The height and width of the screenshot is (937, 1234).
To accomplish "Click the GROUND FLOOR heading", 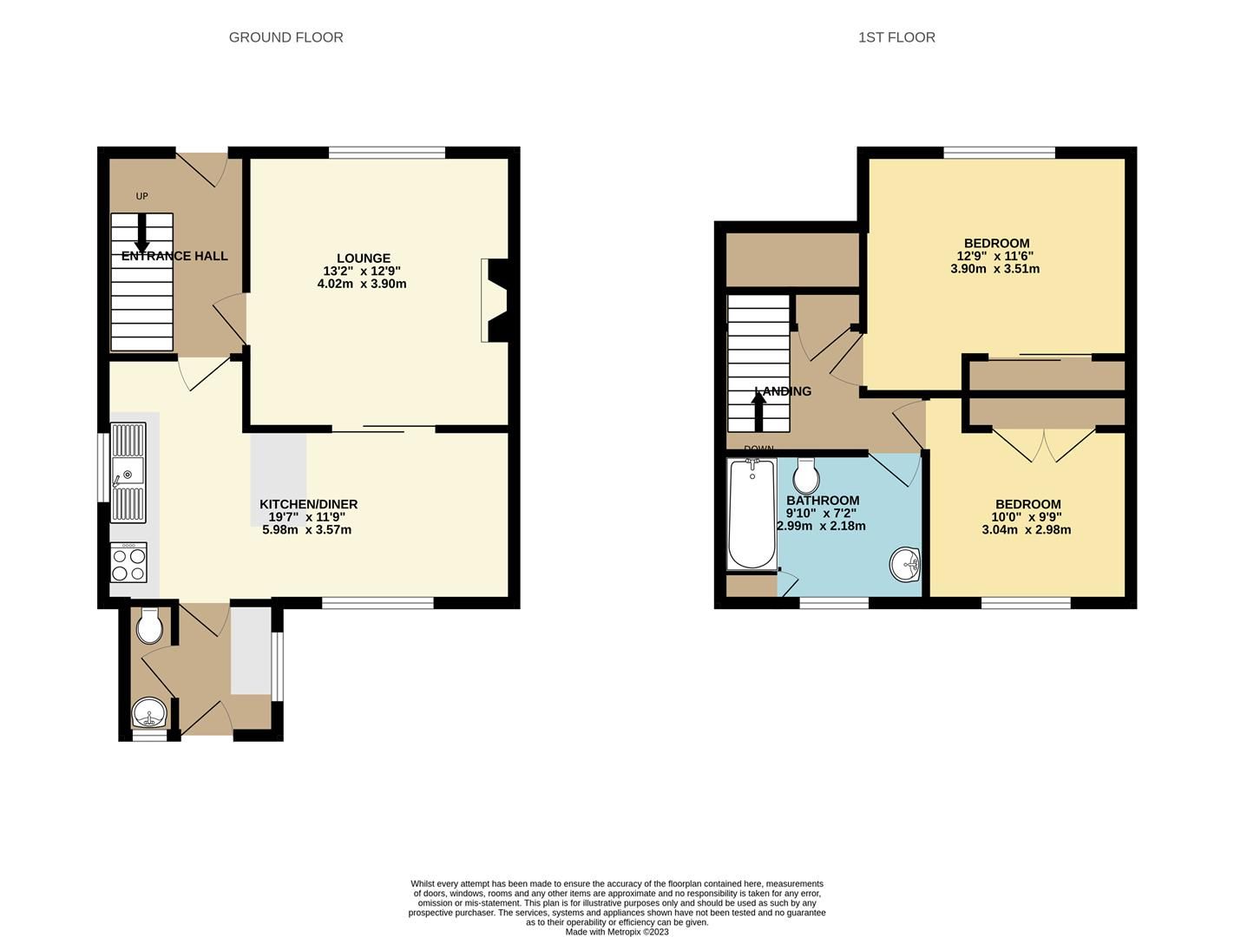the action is [x=286, y=37].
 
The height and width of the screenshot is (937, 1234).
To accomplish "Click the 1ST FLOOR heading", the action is [x=896, y=37].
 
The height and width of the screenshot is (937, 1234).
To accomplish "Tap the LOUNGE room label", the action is [x=364, y=258].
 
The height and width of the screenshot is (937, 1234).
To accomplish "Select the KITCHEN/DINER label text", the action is [x=308, y=504].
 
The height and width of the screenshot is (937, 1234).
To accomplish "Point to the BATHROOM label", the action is [x=823, y=501].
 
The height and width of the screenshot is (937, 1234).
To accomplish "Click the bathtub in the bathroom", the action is [x=752, y=514].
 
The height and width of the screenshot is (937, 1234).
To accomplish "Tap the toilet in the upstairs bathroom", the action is [x=806, y=476].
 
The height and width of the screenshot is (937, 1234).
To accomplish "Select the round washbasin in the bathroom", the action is [x=904, y=564].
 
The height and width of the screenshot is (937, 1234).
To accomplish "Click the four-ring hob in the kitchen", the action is [x=129, y=562].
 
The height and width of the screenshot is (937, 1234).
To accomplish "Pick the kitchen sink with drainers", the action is [x=128, y=473].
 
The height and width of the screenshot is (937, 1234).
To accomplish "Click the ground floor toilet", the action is [x=149, y=626].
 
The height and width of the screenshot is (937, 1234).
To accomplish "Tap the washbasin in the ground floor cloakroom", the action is [x=149, y=712].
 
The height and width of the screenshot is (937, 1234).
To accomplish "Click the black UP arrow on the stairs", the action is [x=141, y=233].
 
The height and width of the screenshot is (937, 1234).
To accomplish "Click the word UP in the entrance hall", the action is [x=141, y=196].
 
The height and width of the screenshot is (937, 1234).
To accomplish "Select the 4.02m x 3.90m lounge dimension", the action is [x=362, y=284].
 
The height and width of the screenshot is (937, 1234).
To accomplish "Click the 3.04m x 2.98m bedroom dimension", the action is [x=1026, y=529].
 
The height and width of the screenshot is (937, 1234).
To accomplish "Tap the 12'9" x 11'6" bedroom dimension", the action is [x=995, y=256].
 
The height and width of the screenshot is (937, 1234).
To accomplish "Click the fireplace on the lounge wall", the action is [x=495, y=300].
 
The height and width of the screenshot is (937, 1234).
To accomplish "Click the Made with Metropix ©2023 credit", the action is [x=617, y=932].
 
